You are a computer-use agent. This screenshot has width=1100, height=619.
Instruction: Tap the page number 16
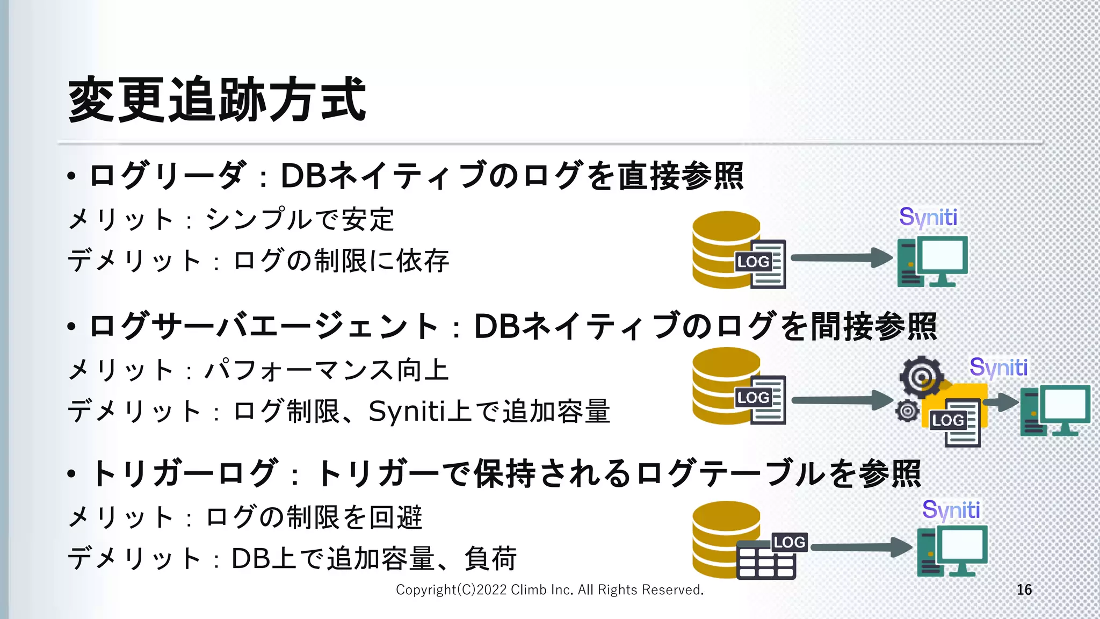[x=1024, y=589]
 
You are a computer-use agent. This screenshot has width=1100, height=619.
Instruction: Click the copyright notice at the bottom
[x=549, y=589]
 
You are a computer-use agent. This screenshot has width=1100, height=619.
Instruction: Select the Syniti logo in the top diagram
[x=928, y=217]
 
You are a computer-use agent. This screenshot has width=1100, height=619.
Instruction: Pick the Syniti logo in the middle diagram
[x=998, y=368]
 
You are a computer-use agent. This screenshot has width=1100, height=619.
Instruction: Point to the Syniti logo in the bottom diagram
[x=951, y=509]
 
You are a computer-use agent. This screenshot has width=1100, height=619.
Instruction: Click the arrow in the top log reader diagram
[x=841, y=258]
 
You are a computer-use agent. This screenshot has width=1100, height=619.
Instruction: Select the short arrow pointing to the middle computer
[x=1001, y=402]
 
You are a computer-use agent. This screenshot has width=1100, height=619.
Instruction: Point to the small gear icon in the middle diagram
[x=907, y=411]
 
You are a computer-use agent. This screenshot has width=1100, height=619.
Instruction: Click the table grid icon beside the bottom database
[x=766, y=561]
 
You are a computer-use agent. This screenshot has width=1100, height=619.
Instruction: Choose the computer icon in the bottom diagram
[x=952, y=551]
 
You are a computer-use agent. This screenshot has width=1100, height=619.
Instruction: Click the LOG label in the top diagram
[x=753, y=262]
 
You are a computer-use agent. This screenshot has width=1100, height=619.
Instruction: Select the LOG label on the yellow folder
[x=948, y=420]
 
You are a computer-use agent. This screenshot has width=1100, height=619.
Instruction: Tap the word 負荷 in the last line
[x=490, y=558]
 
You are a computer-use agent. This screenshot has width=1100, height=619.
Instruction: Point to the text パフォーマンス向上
[x=327, y=370]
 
